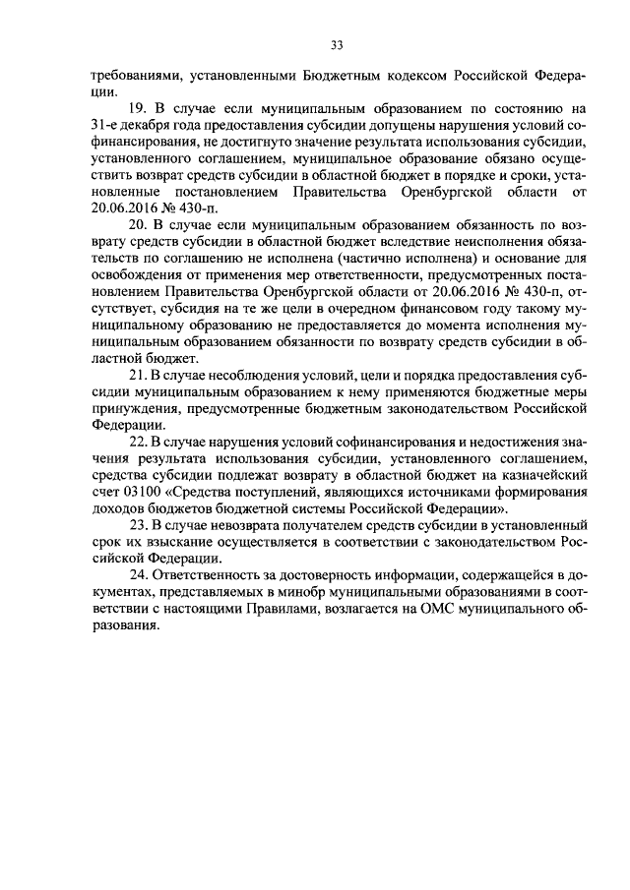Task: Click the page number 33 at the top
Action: point(337,45)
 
